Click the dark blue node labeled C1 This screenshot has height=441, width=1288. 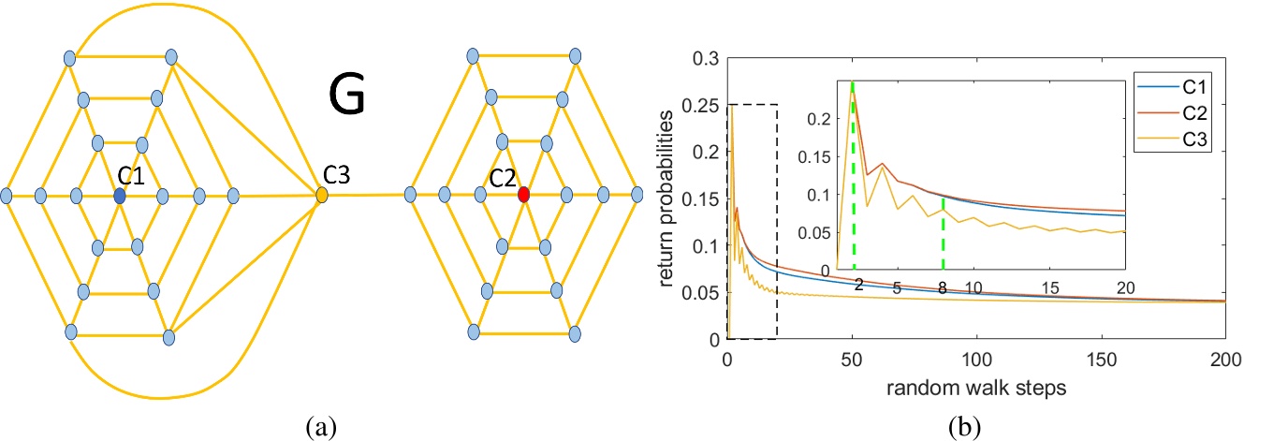[x=119, y=196]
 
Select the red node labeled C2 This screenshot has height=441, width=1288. [x=523, y=195]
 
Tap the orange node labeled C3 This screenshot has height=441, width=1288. [x=322, y=196]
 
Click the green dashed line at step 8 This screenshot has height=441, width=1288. [x=943, y=234]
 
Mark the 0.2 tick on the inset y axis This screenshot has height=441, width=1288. [x=823, y=119]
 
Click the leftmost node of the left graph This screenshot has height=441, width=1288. [x=7, y=196]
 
